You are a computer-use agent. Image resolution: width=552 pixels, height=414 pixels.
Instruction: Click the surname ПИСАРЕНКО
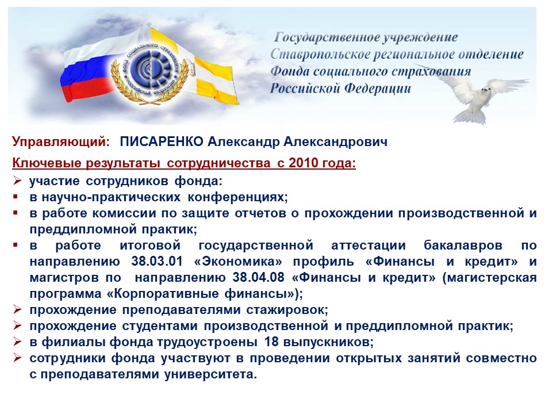coord(162,141)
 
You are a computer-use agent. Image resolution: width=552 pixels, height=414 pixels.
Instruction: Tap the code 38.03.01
coord(158,262)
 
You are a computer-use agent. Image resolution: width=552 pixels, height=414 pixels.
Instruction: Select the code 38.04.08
coord(258,277)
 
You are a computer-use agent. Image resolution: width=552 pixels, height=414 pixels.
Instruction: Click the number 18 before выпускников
coord(271,342)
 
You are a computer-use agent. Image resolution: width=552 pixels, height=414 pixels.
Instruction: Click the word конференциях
coord(237,197)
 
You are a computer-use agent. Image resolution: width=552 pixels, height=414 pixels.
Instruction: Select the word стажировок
coord(287,310)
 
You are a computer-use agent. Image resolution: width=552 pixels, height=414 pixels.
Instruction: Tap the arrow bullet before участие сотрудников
coord(17,181)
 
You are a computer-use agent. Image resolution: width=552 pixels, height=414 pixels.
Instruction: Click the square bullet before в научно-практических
coord(15,197)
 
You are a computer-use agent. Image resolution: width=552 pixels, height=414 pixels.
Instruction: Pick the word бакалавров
coord(463,246)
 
